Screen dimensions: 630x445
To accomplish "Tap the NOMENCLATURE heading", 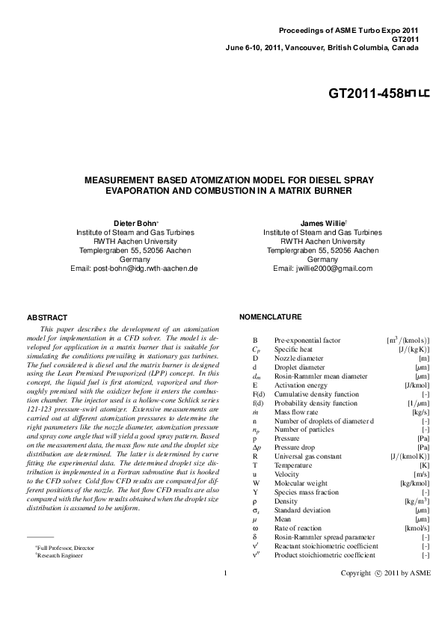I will (x=270, y=317).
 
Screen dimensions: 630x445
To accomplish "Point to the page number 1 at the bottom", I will (x=225, y=594).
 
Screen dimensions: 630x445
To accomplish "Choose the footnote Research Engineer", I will (x=59, y=556).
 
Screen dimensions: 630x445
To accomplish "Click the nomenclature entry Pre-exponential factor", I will (x=307, y=340).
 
